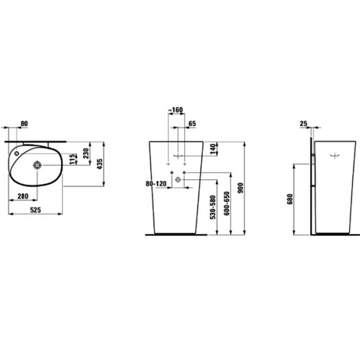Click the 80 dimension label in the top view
pos(24,124)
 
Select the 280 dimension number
pos(24,196)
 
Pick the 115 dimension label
pos(73,159)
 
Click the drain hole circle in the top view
pos(37,164)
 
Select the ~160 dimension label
pos(176,110)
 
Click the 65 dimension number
pos(193,124)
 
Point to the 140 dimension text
pos(213,149)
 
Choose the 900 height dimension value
pos(241,188)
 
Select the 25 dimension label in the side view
pos(303,124)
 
